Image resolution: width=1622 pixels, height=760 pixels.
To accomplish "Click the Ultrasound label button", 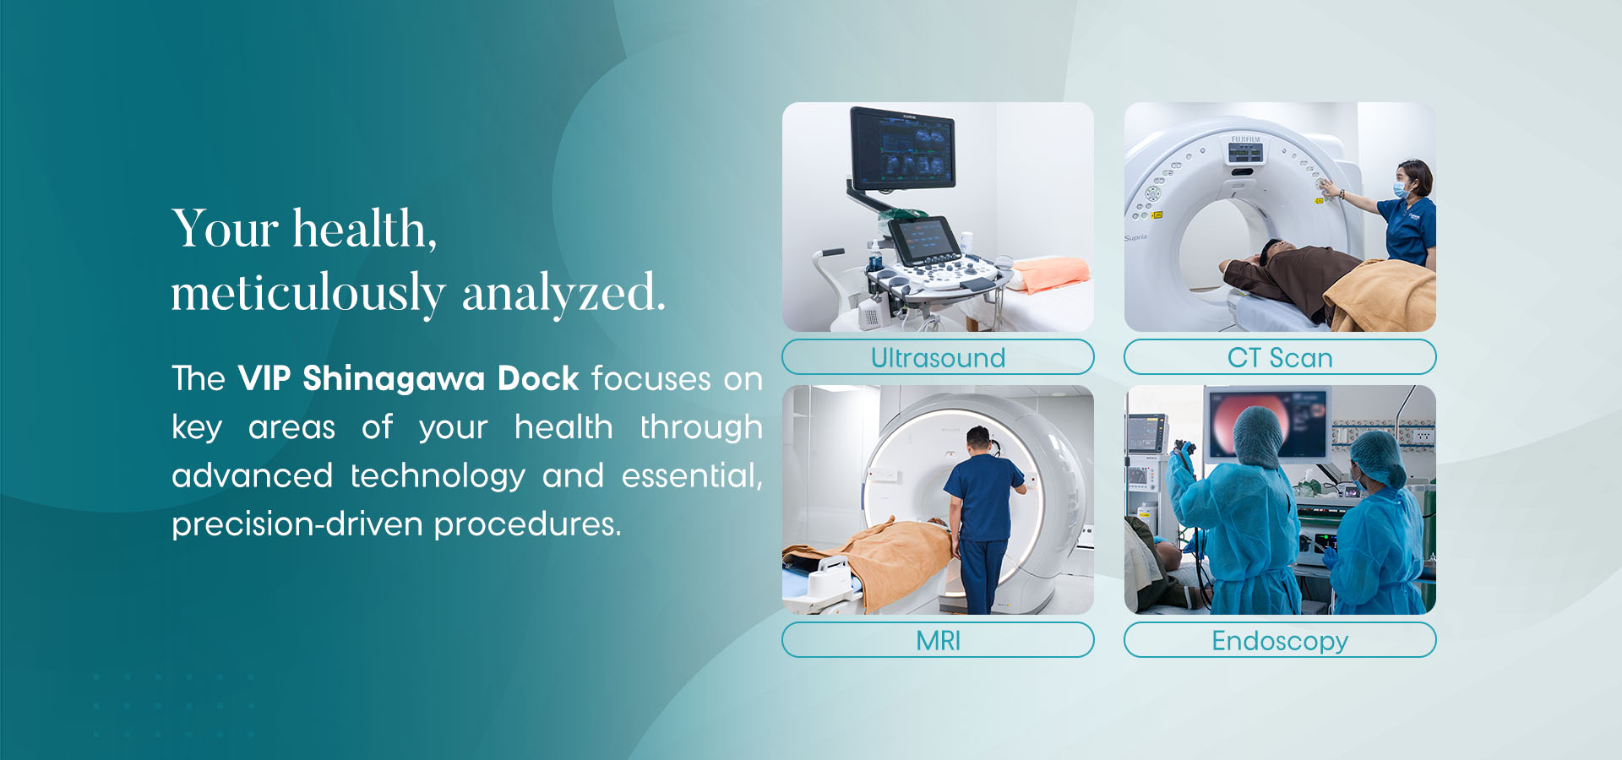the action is (938, 357).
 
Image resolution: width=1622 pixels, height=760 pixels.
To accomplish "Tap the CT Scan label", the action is (1280, 357).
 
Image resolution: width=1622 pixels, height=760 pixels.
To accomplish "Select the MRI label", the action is (938, 640).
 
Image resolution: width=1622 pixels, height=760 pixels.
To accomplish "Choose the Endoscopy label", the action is (1280, 640).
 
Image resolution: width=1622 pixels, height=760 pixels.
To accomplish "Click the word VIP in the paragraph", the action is (264, 378).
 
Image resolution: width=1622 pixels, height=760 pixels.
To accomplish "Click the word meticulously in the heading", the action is (308, 294).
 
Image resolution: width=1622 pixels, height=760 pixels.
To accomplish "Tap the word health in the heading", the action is (364, 229).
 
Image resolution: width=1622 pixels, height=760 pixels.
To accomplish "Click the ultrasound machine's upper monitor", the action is (902, 149).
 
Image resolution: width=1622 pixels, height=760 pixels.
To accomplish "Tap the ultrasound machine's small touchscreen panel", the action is (924, 240).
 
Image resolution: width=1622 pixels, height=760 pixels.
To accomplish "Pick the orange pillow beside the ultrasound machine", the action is (1051, 274).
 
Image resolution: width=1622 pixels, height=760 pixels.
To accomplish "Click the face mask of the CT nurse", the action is (1401, 190).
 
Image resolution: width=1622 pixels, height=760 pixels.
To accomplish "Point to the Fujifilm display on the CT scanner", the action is (1245, 152).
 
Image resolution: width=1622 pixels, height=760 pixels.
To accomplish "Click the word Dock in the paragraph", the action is (538, 378).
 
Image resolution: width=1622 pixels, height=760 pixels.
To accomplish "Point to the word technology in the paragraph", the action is (438, 476).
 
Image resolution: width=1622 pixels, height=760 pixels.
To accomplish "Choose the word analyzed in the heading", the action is (563, 294).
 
